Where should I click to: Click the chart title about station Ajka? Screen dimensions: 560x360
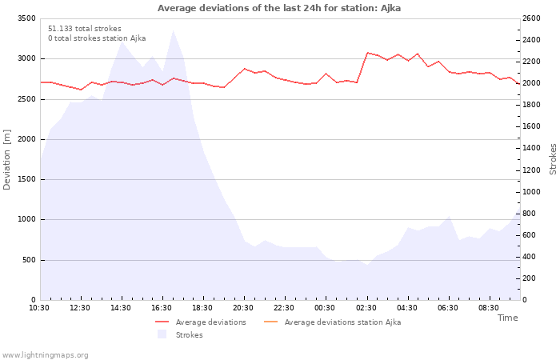(x=279, y=8)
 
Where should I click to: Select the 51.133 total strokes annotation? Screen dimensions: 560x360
(x=85, y=29)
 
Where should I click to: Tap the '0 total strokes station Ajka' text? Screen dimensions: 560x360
(x=97, y=38)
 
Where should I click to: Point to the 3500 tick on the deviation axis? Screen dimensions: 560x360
(x=26, y=18)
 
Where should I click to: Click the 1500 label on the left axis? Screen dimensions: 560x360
(x=26, y=179)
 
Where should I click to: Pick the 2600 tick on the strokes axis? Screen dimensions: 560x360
(x=531, y=18)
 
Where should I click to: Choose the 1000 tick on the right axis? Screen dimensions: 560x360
(x=531, y=192)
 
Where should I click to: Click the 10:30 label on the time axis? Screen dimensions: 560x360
(x=39, y=308)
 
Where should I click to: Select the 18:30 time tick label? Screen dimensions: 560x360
(x=202, y=308)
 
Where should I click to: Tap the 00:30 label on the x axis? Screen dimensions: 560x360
(x=325, y=308)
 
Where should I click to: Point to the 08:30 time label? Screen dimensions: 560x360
(x=488, y=308)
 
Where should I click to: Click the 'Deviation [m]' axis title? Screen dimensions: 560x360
(x=6, y=160)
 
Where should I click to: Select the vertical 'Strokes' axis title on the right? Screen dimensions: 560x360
(x=553, y=159)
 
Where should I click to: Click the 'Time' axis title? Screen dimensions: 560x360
(x=507, y=318)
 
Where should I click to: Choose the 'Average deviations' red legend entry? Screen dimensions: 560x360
(x=201, y=322)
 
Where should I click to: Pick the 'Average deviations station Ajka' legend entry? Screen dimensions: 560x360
(x=332, y=322)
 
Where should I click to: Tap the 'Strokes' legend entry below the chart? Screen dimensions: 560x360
(x=180, y=334)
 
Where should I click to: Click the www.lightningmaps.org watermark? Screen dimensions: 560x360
(x=45, y=355)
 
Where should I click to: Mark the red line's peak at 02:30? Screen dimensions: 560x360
(x=367, y=53)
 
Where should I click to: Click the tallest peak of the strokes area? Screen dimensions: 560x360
(x=173, y=30)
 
